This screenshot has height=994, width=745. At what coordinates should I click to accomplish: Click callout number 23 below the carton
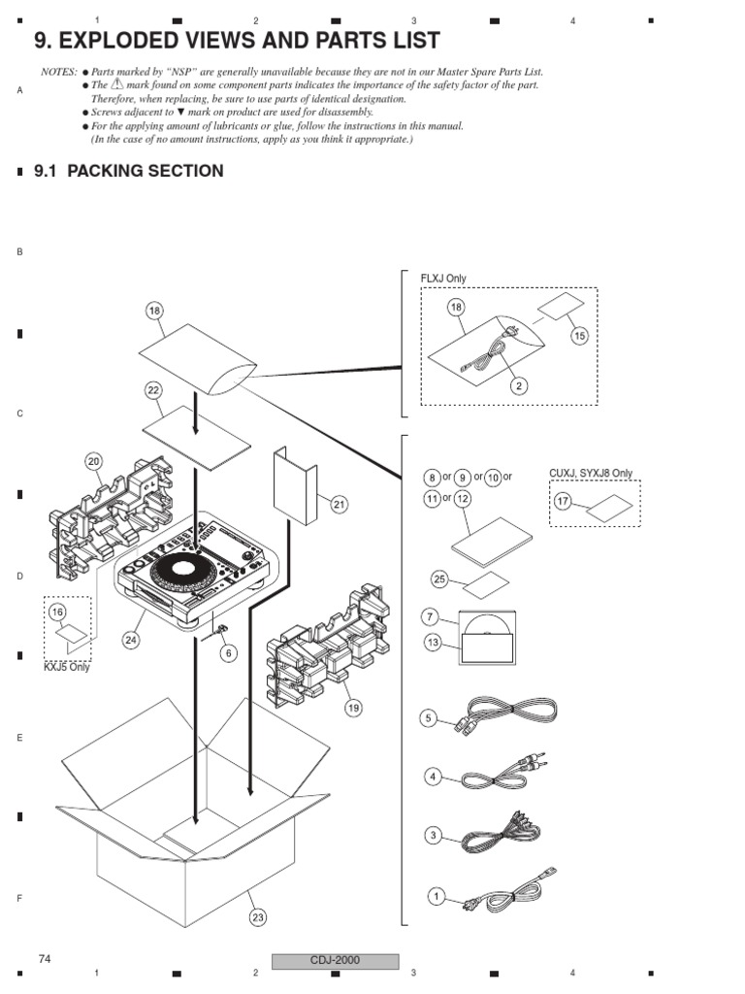[x=257, y=916]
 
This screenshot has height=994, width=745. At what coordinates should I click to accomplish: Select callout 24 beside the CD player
[x=131, y=640]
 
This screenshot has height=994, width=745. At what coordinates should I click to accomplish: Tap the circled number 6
[x=229, y=653]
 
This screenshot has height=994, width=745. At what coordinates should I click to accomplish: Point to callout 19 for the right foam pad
[x=353, y=708]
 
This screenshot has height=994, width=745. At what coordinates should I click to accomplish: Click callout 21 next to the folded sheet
[x=339, y=504]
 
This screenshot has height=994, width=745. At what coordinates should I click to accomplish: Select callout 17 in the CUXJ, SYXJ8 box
[x=563, y=501]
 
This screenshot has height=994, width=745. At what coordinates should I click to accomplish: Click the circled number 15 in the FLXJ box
[x=580, y=335]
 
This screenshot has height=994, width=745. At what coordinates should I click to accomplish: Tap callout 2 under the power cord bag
[x=519, y=385]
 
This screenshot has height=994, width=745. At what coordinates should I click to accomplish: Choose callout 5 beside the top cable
[x=429, y=718]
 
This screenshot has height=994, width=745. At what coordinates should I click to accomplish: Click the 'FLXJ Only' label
[x=442, y=279]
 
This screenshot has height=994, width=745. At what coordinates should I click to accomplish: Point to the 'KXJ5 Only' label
[x=67, y=668]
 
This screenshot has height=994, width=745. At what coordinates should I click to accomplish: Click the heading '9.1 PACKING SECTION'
[x=128, y=171]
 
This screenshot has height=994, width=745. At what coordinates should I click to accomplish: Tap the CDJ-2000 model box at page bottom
[x=335, y=961]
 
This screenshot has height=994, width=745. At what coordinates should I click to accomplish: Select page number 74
[x=45, y=959]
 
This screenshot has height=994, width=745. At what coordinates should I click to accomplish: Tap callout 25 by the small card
[x=439, y=580]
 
